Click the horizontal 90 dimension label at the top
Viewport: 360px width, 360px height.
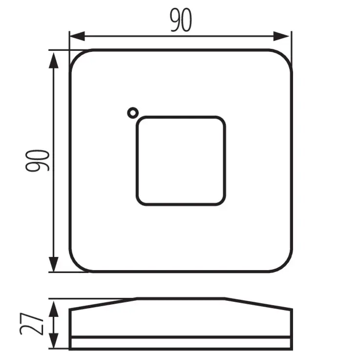click(x=181, y=21)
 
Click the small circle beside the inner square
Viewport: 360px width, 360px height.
click(x=132, y=113)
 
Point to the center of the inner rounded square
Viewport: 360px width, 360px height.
click(x=181, y=160)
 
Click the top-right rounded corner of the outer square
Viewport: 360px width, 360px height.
click(x=285, y=57)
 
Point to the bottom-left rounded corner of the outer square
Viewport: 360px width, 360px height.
click(x=76, y=265)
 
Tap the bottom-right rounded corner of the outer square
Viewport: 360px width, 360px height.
click(x=285, y=265)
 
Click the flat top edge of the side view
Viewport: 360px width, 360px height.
click(x=181, y=298)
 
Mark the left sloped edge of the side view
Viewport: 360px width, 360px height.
click(x=103, y=304)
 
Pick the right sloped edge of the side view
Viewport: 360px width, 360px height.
click(x=259, y=304)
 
